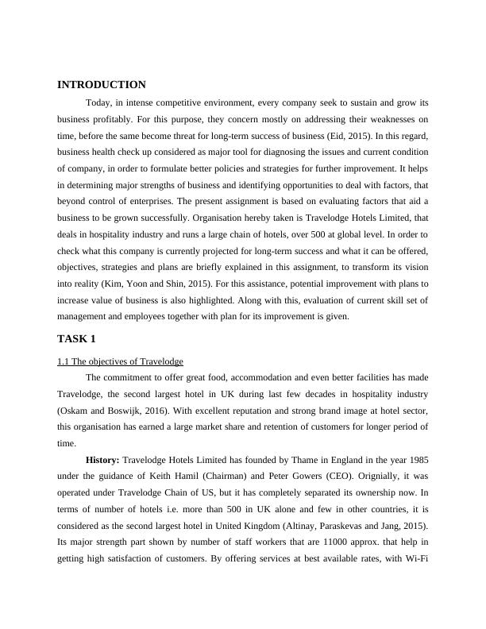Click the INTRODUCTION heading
[x=102, y=85]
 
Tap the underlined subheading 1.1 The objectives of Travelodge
[x=121, y=361]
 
